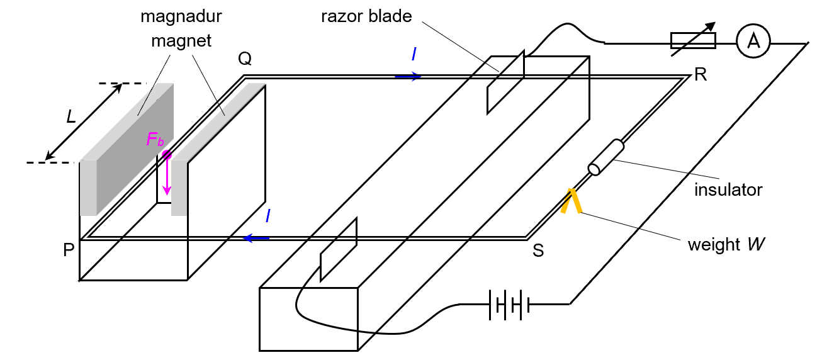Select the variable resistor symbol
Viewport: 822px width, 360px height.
point(692,42)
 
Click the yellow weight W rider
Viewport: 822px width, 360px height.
point(571,201)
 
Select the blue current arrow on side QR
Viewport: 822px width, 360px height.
point(408,76)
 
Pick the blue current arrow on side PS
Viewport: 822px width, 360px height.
point(257,238)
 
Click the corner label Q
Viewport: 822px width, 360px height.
point(245,59)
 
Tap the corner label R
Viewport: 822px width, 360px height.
point(701,76)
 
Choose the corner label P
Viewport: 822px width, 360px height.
point(69,250)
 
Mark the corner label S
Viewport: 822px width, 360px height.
point(538,250)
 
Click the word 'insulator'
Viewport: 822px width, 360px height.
point(728,189)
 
